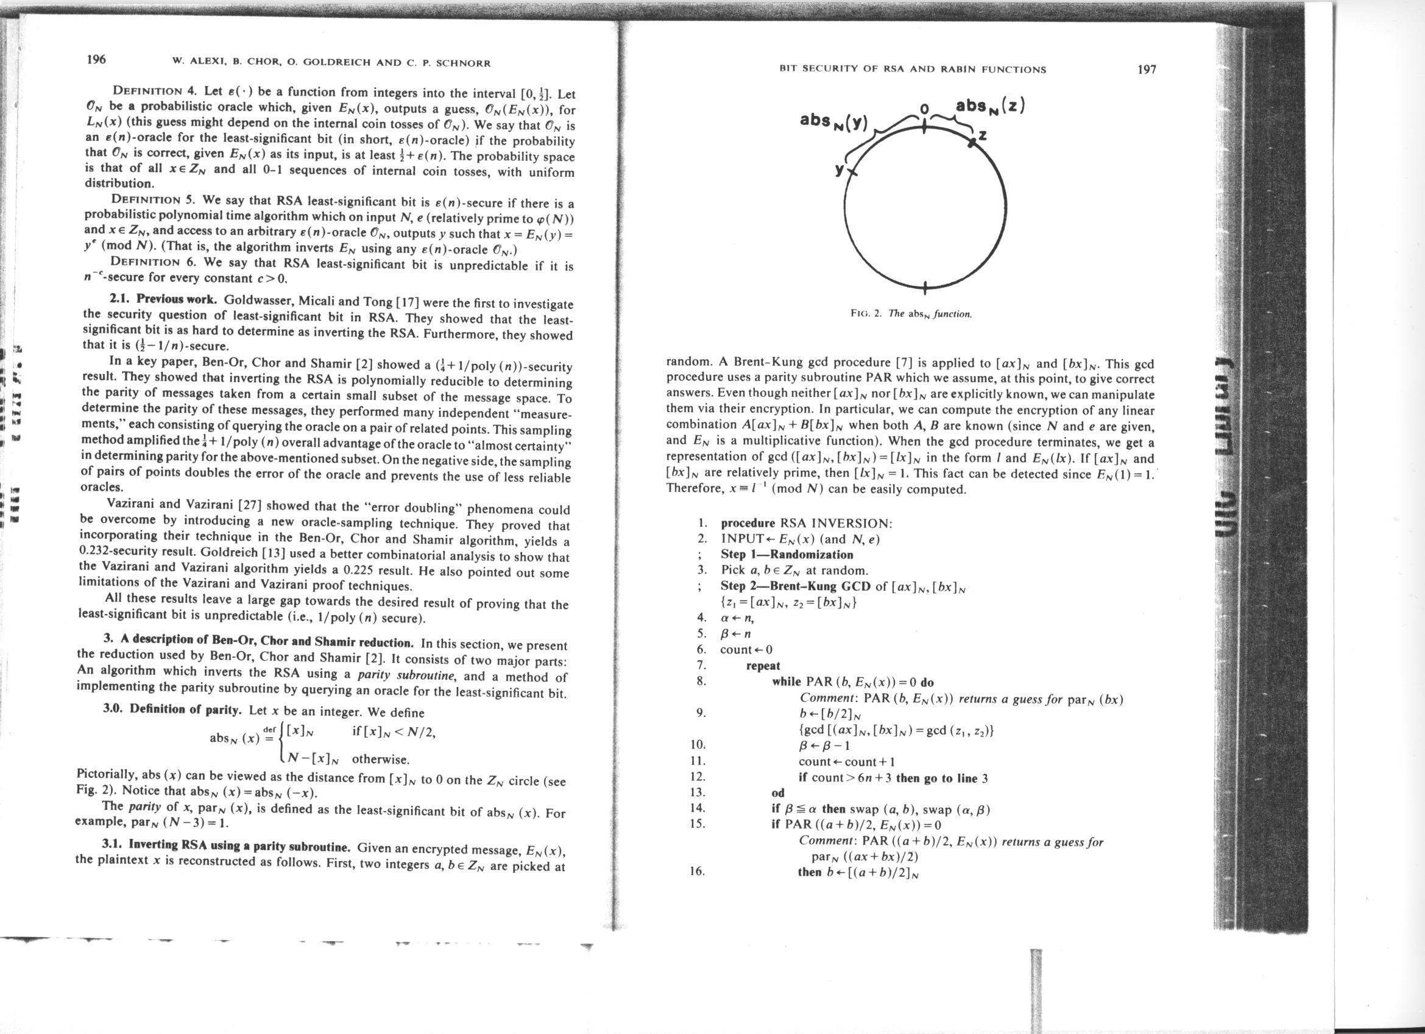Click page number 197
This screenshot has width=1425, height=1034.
(x=1146, y=69)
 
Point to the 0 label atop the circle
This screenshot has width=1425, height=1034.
(x=924, y=110)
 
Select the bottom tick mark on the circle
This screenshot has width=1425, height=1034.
(x=925, y=288)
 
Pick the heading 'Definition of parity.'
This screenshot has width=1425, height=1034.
(x=185, y=710)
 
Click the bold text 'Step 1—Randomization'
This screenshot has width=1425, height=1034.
(x=787, y=554)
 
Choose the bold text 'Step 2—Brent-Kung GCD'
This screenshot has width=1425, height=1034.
(x=795, y=587)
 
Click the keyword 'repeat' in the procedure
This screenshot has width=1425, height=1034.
(x=763, y=666)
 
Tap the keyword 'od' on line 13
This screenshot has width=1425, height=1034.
(x=778, y=793)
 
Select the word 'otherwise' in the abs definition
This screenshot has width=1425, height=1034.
(x=380, y=759)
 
